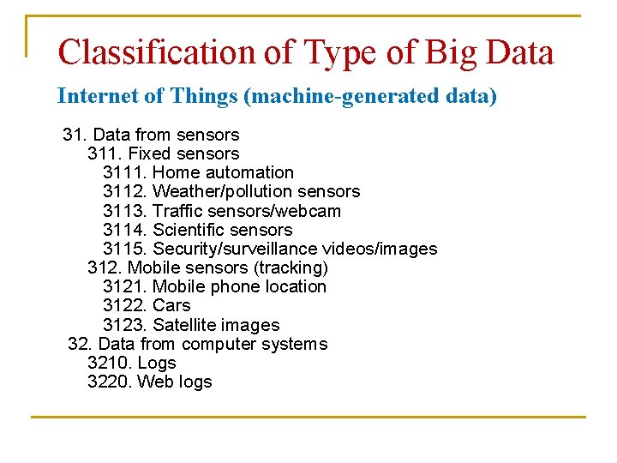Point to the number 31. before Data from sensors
pyautogui.click(x=75, y=135)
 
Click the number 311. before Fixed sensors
pyautogui.click(x=105, y=153)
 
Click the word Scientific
pyautogui.click(x=190, y=230)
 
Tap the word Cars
pyautogui.click(x=171, y=305)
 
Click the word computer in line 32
pyautogui.click(x=219, y=344)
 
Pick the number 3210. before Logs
pyautogui.click(x=110, y=363)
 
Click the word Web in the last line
pyautogui.click(x=154, y=382)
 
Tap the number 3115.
pyautogui.click(x=125, y=249)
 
